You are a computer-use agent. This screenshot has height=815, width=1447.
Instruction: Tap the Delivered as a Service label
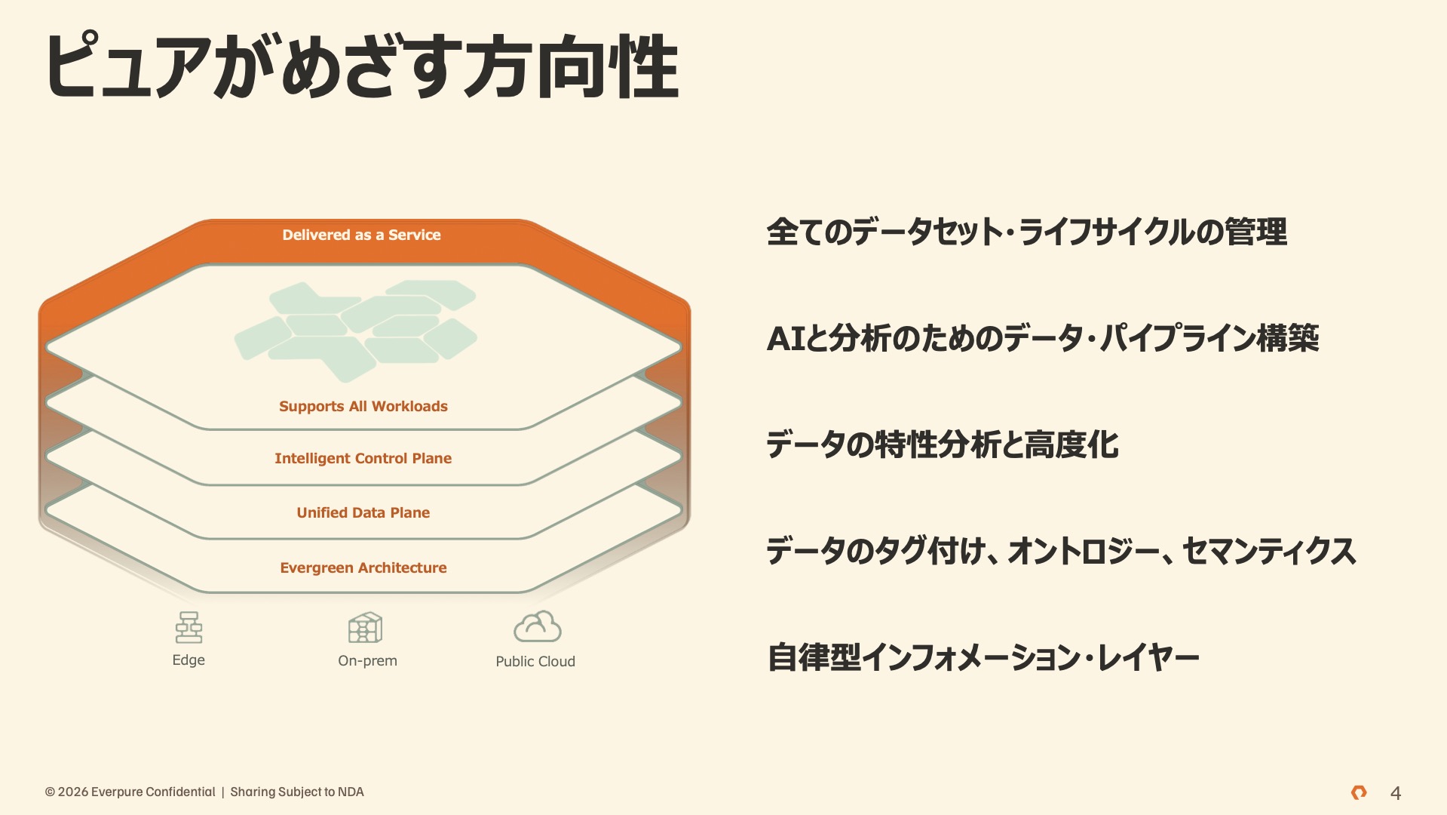(x=361, y=235)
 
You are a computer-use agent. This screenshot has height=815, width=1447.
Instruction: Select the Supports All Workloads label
(x=363, y=407)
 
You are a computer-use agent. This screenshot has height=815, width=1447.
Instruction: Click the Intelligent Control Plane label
(x=363, y=458)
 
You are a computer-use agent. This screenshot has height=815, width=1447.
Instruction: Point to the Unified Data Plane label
(x=363, y=512)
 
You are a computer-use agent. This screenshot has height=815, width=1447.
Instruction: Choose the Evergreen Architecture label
(x=363, y=567)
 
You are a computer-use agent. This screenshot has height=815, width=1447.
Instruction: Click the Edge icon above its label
(x=189, y=627)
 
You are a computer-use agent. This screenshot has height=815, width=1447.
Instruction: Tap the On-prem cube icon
(x=366, y=627)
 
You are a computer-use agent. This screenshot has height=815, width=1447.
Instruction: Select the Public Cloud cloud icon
(x=537, y=626)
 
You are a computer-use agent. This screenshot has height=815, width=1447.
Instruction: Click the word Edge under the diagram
(x=189, y=660)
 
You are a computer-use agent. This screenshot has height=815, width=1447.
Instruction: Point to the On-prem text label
(x=367, y=661)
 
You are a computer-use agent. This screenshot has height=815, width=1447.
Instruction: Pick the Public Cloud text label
(x=535, y=661)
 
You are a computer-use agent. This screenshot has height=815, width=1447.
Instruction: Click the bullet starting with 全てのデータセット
(x=1027, y=232)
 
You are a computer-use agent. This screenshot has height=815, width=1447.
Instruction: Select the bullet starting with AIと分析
(x=1043, y=338)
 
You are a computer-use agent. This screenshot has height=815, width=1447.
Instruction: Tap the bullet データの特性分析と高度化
(x=943, y=444)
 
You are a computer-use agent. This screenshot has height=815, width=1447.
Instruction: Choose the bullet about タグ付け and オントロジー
(x=1062, y=551)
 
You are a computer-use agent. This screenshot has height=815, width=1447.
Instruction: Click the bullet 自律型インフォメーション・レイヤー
(x=983, y=657)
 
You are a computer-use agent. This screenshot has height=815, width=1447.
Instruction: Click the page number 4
(x=1396, y=793)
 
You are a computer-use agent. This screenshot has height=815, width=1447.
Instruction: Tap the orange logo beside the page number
(x=1359, y=792)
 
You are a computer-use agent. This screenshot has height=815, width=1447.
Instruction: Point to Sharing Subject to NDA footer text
(x=297, y=792)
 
